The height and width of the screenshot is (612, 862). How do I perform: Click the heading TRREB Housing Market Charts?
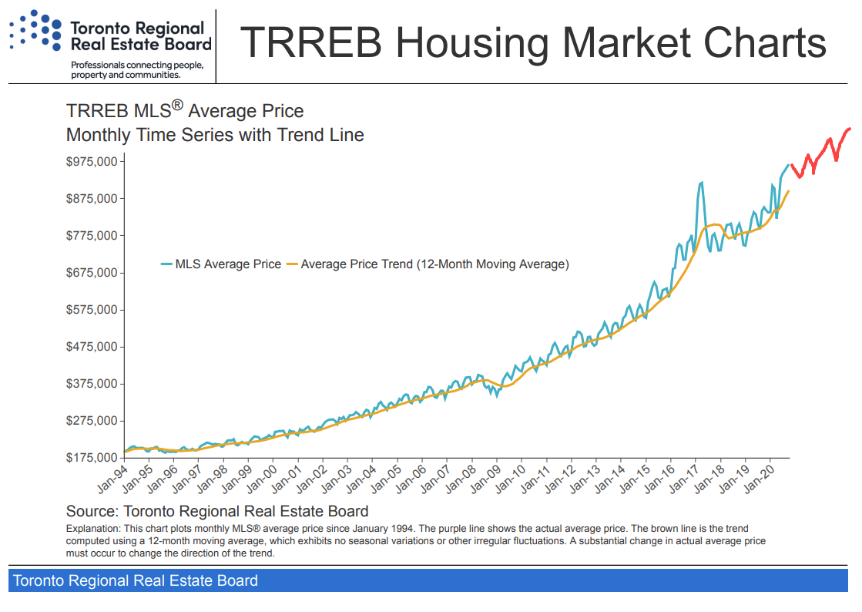click(x=533, y=42)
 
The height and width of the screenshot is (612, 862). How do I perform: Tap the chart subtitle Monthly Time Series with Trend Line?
click(x=215, y=135)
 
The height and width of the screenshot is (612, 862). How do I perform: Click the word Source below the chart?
click(x=89, y=511)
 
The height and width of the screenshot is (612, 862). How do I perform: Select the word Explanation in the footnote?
click(x=92, y=530)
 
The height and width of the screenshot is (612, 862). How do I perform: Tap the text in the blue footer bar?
click(x=136, y=580)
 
